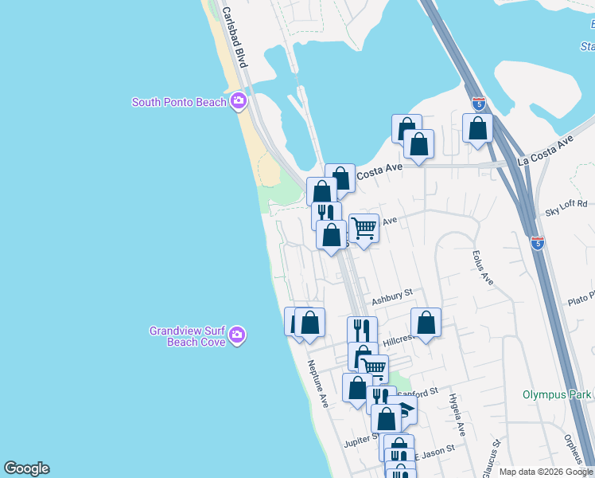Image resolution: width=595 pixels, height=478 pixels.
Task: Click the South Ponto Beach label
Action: point(179,102)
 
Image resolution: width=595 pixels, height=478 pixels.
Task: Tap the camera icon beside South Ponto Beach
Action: point(238,101)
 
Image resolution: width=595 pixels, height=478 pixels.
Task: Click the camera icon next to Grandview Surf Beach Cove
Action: point(236,336)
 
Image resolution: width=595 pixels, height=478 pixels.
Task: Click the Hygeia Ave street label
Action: point(456,414)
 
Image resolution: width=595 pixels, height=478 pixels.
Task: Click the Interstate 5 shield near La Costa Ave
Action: point(478,104)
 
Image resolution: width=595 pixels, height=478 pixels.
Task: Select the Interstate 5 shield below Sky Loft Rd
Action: point(539,243)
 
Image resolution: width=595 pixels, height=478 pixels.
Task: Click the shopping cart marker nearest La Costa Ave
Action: point(364,228)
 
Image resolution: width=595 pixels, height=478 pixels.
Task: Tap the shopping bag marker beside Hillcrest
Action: point(426,323)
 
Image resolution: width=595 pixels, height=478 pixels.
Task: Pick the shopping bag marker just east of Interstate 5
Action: point(477,128)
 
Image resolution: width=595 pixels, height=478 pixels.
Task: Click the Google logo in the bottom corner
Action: point(26,468)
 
